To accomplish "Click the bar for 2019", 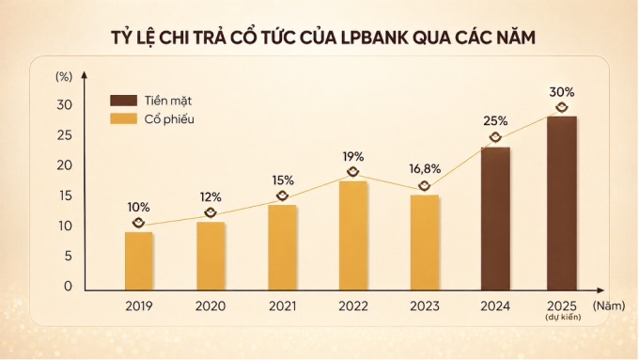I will [x=139, y=258].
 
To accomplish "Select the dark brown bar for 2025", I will [x=562, y=202].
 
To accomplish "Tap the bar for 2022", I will [x=352, y=233].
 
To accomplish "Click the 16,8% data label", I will [x=425, y=169].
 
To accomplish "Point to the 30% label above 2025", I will [x=562, y=92].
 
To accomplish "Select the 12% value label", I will [x=210, y=197].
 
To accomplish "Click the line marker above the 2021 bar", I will [x=282, y=196].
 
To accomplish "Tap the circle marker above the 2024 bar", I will [x=495, y=137].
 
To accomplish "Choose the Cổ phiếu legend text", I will [x=170, y=119].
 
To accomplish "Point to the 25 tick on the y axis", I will [x=64, y=135].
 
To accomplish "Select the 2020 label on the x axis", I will [x=210, y=305].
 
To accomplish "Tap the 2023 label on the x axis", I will [x=425, y=305].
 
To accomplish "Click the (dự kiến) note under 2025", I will [x=562, y=319].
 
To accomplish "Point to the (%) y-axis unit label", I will [x=64, y=75].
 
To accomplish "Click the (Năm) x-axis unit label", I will [x=608, y=305].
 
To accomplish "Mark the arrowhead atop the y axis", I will [x=86, y=74].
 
